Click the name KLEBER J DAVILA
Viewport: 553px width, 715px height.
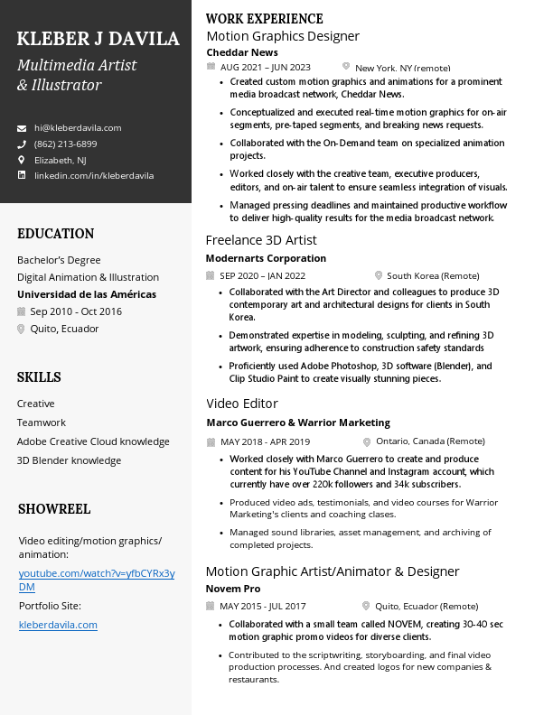click(98, 39)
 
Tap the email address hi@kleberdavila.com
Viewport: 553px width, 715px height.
click(78, 128)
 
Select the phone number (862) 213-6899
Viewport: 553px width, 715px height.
click(65, 144)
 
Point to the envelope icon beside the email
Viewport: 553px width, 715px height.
click(22, 128)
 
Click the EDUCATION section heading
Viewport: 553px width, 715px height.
click(56, 234)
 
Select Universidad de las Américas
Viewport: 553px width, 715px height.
click(87, 294)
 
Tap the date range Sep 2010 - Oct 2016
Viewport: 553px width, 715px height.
click(76, 311)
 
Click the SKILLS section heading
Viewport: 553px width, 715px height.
click(39, 377)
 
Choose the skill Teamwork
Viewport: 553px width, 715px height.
click(42, 422)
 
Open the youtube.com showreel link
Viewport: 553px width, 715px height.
click(97, 580)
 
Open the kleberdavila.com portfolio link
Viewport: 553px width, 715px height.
click(58, 625)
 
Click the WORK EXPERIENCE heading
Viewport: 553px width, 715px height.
click(265, 19)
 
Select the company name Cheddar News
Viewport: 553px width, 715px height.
click(242, 52)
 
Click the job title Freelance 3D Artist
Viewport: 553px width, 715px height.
click(261, 240)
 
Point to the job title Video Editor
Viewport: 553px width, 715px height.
click(242, 404)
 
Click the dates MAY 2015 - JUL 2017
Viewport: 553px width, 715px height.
click(263, 607)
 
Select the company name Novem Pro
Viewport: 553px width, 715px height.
click(233, 589)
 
